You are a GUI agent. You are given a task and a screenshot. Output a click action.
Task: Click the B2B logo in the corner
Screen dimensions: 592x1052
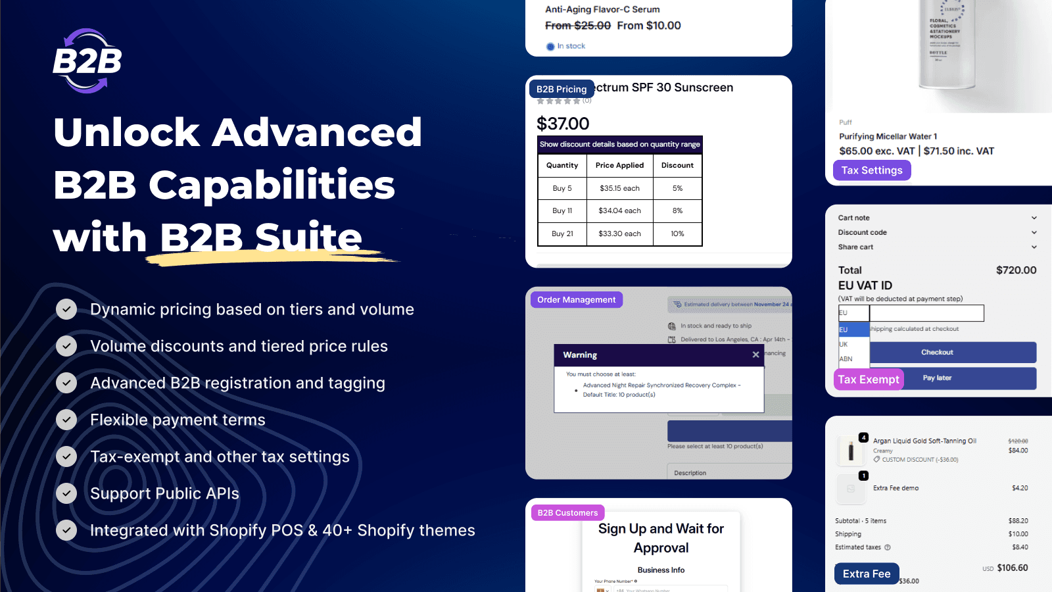pyautogui.click(x=87, y=61)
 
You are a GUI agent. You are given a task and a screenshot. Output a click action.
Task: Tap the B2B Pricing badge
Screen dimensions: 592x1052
pyautogui.click(x=562, y=89)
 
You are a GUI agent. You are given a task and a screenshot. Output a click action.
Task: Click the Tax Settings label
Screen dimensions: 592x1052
pyautogui.click(x=872, y=170)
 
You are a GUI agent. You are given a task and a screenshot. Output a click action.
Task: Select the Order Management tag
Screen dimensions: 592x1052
pyautogui.click(x=576, y=300)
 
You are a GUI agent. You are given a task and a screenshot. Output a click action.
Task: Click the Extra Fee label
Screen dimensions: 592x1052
pyautogui.click(x=867, y=574)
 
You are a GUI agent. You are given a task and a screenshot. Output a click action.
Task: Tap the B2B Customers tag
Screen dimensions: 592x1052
pyautogui.click(x=567, y=512)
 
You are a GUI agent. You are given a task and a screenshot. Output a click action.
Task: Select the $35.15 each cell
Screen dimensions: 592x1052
pyautogui.click(x=619, y=188)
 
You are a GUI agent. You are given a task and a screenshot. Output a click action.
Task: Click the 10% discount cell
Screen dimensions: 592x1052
pyautogui.click(x=677, y=234)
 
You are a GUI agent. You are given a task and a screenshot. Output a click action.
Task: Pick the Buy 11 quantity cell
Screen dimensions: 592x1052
pyautogui.click(x=562, y=210)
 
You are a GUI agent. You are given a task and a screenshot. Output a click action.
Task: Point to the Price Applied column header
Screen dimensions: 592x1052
pyautogui.click(x=619, y=165)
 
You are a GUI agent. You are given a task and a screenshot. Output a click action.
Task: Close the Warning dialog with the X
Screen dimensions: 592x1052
pyautogui.click(x=755, y=355)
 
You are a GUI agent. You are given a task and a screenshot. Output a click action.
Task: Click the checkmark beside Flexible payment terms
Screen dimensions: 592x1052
pyautogui.click(x=66, y=420)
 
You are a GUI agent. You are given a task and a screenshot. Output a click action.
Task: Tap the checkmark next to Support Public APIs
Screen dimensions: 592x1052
pyautogui.click(x=66, y=493)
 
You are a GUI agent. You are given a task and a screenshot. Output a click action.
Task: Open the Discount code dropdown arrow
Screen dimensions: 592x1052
pyautogui.click(x=1034, y=232)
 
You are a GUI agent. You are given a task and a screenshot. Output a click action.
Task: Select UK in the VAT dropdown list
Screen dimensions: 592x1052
pyautogui.click(x=844, y=344)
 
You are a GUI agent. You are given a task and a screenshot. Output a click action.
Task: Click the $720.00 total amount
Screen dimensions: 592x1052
pyautogui.click(x=1016, y=270)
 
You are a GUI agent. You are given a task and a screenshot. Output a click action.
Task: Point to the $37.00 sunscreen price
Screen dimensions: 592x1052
pyautogui.click(x=563, y=124)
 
